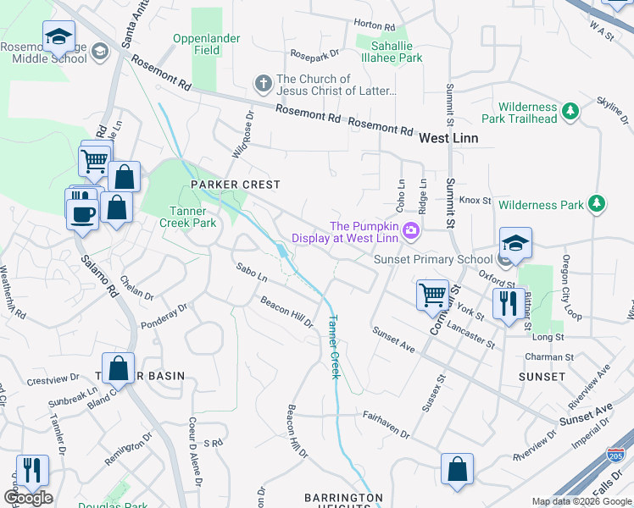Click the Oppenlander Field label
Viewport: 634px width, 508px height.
click(x=207, y=45)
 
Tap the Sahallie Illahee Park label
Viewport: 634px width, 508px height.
click(x=389, y=52)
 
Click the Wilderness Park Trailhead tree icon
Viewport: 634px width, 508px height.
click(x=571, y=111)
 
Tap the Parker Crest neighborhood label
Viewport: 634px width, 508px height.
click(x=235, y=184)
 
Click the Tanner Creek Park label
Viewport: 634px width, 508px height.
click(x=188, y=217)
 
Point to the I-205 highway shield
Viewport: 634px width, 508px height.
click(x=616, y=456)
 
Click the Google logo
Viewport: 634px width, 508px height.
click(x=28, y=498)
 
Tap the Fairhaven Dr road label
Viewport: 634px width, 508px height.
click(x=386, y=425)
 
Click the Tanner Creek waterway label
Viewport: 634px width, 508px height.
click(x=333, y=347)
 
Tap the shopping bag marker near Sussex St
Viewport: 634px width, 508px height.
click(x=457, y=469)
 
